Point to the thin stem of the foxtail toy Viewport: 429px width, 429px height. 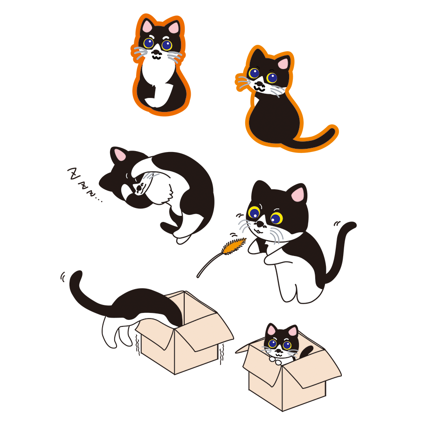[x=209, y=263]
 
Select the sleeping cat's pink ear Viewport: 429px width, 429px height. [x=120, y=155]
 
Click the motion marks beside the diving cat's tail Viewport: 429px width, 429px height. [x=63, y=277]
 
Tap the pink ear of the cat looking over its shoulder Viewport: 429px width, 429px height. [x=283, y=63]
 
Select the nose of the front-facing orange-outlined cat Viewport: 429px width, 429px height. [x=156, y=52]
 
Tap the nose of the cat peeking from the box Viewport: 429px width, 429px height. [x=278, y=350]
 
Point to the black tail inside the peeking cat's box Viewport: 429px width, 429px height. [x=307, y=351]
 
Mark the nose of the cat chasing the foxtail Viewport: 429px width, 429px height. [x=260, y=224]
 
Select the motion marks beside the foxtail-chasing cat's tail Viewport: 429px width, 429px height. [x=337, y=223]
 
